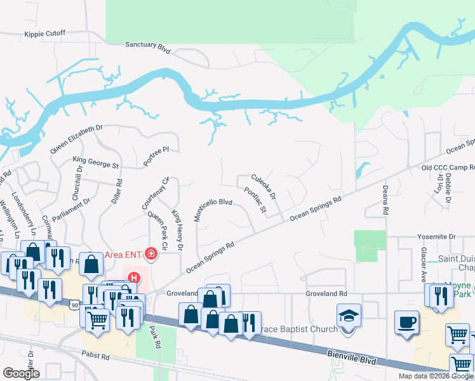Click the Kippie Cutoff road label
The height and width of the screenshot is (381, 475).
click(45, 34)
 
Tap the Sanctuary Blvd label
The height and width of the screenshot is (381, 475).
click(149, 45)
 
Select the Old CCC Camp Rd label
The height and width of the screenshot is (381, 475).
click(448, 168)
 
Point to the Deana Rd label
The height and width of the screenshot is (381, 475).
click(385, 195)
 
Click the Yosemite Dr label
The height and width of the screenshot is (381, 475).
click(436, 236)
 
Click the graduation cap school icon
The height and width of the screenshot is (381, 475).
click(349, 316)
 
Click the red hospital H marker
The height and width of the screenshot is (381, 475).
click(134, 277)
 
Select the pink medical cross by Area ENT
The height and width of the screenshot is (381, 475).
click(151, 255)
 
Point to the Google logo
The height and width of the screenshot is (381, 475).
click(22, 373)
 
